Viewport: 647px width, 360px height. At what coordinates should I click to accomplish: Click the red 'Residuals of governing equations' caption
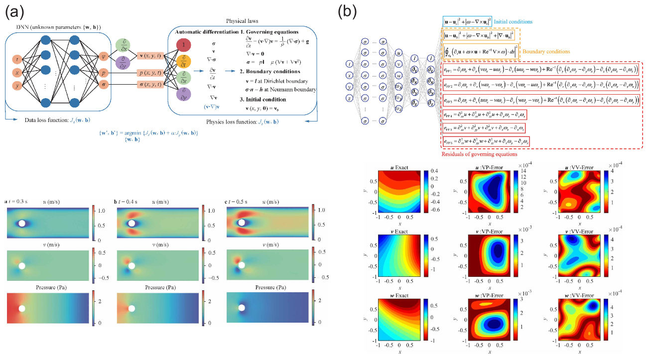point(476,154)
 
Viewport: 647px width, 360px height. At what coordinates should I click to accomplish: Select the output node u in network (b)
point(398,52)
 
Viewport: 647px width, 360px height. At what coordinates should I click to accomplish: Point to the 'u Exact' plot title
point(397,167)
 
